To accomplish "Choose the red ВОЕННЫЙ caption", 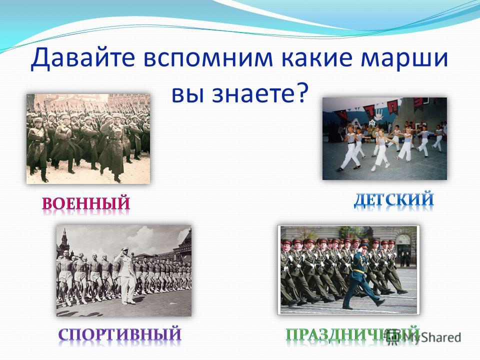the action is point(86,203).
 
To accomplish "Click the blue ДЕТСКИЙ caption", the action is point(394,199).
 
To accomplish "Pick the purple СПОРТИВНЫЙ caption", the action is point(120,334).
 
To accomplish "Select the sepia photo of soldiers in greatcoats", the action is point(88,139).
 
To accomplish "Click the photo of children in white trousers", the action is point(385,138).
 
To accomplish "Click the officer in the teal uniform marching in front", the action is point(361,275).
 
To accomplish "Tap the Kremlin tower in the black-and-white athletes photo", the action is point(64,239).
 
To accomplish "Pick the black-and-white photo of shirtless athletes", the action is point(124,270).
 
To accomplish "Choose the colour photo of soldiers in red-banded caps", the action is point(348,270).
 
